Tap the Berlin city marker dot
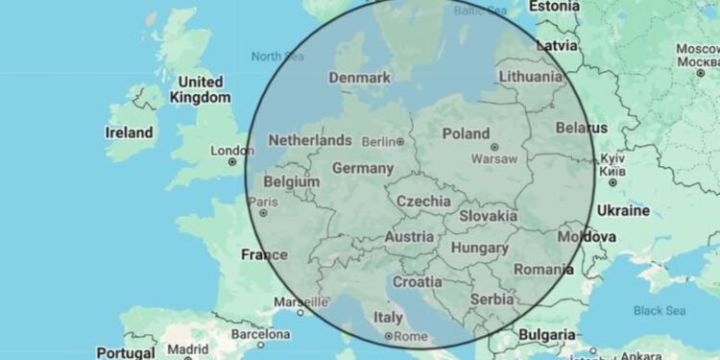400,143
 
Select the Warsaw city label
497,158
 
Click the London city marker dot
231,163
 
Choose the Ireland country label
130,132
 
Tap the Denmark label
360,78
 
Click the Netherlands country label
310,140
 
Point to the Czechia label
423,202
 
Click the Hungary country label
479,248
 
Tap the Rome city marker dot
388,337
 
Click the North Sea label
277,57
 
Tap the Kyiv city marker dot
613,171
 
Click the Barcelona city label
260,334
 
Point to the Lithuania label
531,76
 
